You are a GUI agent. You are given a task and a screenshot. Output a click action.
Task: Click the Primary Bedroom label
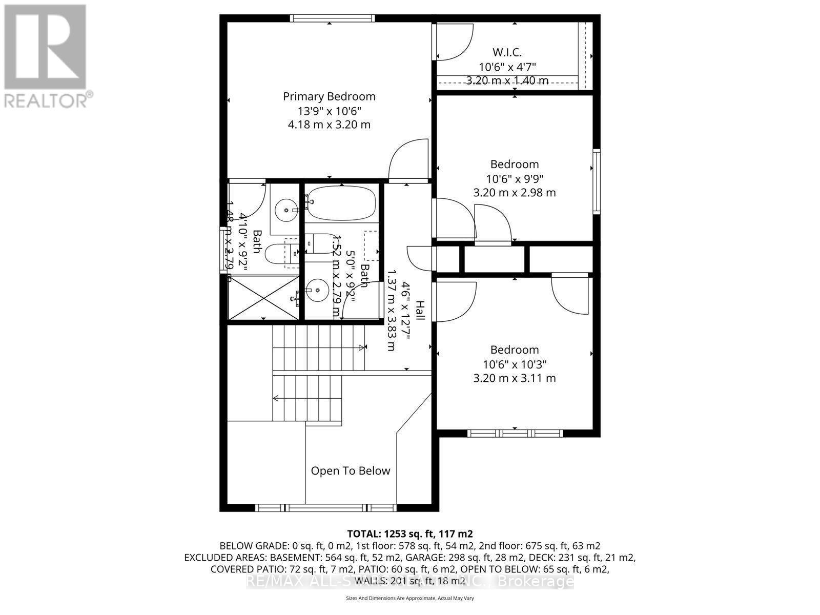point(329,96)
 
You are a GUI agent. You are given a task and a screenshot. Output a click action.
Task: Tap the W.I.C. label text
point(507,52)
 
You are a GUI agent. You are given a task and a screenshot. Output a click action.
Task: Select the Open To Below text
point(351,470)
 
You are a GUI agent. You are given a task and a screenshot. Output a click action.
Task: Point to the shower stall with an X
point(262,298)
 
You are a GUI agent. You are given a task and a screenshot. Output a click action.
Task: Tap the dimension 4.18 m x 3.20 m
point(329,125)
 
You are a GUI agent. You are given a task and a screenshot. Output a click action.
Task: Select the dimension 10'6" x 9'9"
point(514,179)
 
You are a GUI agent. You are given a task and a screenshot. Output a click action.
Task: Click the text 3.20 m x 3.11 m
point(514,378)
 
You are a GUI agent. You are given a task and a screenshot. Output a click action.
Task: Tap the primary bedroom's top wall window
point(332,18)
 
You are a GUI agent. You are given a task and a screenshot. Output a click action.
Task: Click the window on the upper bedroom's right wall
point(597,181)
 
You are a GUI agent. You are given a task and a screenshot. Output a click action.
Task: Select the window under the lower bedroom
point(515,434)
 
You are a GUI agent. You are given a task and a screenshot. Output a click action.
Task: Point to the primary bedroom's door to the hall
point(408,160)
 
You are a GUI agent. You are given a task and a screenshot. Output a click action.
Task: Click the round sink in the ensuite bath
point(285,210)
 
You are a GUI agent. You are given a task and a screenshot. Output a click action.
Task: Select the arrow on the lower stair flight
point(277,398)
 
